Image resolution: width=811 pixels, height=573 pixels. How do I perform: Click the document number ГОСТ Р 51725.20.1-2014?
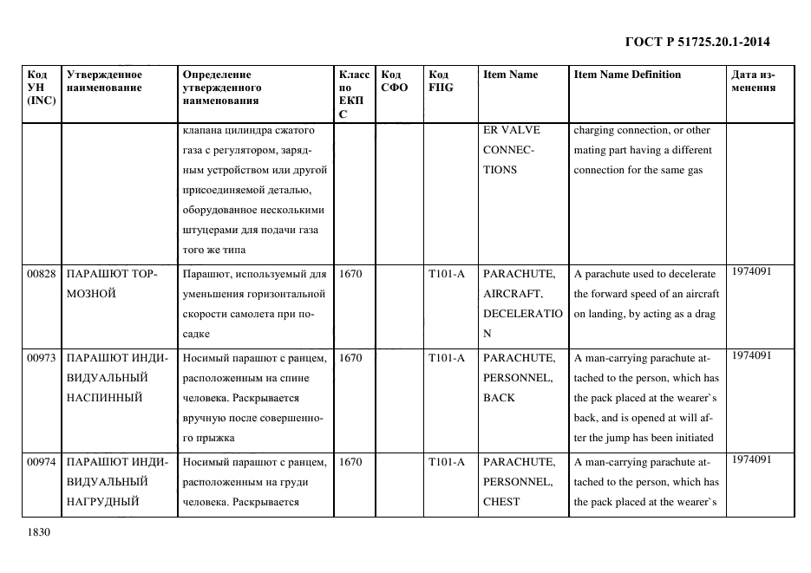point(697,42)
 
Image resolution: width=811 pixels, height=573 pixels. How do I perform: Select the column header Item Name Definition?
point(627,75)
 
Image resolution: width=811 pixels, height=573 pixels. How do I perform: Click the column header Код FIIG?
point(441,81)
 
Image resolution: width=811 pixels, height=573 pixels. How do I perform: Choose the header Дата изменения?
point(753,81)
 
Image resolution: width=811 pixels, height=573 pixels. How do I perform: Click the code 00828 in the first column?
point(41,274)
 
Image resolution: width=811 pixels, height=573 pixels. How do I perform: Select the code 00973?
point(41,357)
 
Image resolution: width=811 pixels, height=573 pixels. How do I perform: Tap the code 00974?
point(41,461)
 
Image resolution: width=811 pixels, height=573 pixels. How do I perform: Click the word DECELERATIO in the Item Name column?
point(522,314)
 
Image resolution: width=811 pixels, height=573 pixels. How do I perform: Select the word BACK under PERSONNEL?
point(499,398)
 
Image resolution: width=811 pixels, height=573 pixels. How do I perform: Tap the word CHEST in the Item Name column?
point(501,502)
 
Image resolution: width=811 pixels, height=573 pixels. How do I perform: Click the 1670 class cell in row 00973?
point(350,357)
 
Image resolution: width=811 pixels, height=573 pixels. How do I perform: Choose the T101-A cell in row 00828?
point(446,274)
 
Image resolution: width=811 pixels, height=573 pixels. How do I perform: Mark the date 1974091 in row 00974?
point(751,459)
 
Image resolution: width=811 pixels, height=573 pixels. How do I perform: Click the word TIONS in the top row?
point(500,170)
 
